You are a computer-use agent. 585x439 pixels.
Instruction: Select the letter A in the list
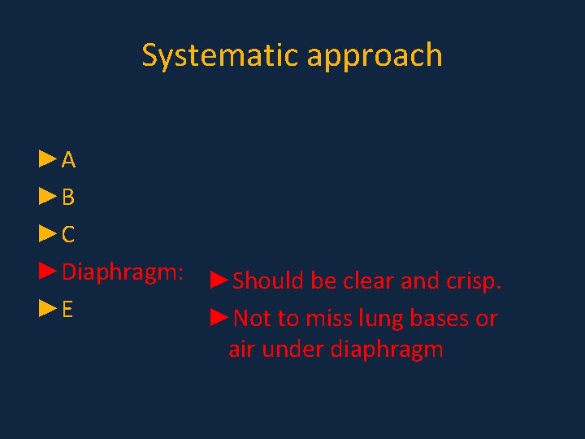tap(69, 160)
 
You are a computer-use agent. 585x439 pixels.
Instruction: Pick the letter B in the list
tap(69, 198)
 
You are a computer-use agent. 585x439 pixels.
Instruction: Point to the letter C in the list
tap(69, 235)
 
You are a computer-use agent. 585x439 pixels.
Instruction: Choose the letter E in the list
tap(68, 310)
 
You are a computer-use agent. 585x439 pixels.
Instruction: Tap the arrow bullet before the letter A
tap(48, 159)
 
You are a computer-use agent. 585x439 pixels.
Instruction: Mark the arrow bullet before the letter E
tap(48, 309)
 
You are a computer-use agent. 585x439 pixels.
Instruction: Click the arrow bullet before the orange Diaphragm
tap(48, 272)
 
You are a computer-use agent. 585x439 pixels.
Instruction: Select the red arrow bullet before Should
tap(219, 280)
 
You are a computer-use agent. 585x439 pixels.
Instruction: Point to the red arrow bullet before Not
tap(219, 318)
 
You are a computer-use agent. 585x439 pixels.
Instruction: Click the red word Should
tap(269, 281)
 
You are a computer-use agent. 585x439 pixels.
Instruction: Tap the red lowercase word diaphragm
tap(386, 351)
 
